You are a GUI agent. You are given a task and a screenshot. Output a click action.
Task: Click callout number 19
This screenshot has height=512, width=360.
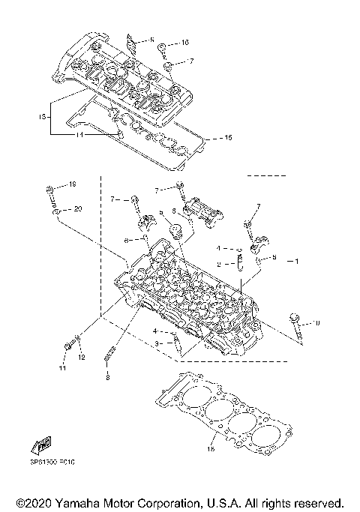coord(73,184)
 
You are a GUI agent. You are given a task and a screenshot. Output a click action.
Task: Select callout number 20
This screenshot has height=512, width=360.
coord(78,208)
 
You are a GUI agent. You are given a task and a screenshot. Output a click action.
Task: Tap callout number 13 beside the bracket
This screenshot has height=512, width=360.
coord(43,117)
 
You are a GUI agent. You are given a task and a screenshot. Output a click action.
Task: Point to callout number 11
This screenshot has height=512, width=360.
coord(63,369)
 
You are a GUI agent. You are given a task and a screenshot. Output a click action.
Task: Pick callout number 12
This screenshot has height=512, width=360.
coord(81,358)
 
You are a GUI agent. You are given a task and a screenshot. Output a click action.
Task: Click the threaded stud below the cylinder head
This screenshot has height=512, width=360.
coord(112,353)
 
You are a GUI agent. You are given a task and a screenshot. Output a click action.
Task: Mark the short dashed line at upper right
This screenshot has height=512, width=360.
coord(267,196)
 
